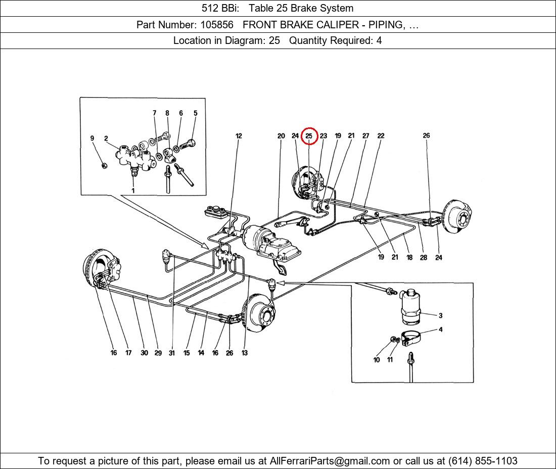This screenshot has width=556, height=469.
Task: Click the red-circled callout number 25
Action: point(309,136)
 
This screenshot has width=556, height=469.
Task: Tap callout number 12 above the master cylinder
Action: point(239,136)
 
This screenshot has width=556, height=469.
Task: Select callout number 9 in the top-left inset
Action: point(92,138)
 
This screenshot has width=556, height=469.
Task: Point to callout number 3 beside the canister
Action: point(440,315)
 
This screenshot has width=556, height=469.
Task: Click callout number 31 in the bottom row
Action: point(172,353)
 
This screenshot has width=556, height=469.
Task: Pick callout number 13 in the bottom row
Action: point(245,353)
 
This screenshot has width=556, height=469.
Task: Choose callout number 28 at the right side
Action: point(424,258)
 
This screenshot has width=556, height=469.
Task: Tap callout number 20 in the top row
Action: point(281,136)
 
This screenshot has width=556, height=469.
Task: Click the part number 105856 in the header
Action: point(217,25)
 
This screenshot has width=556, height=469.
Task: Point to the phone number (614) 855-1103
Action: point(483,461)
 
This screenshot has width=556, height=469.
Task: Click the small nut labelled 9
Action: point(104,166)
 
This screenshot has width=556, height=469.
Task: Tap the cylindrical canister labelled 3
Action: point(410,307)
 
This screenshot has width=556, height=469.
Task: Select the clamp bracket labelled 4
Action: point(411,338)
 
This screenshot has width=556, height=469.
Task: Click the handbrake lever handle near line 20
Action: point(281,224)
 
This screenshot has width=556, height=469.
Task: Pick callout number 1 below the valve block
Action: point(133,191)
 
